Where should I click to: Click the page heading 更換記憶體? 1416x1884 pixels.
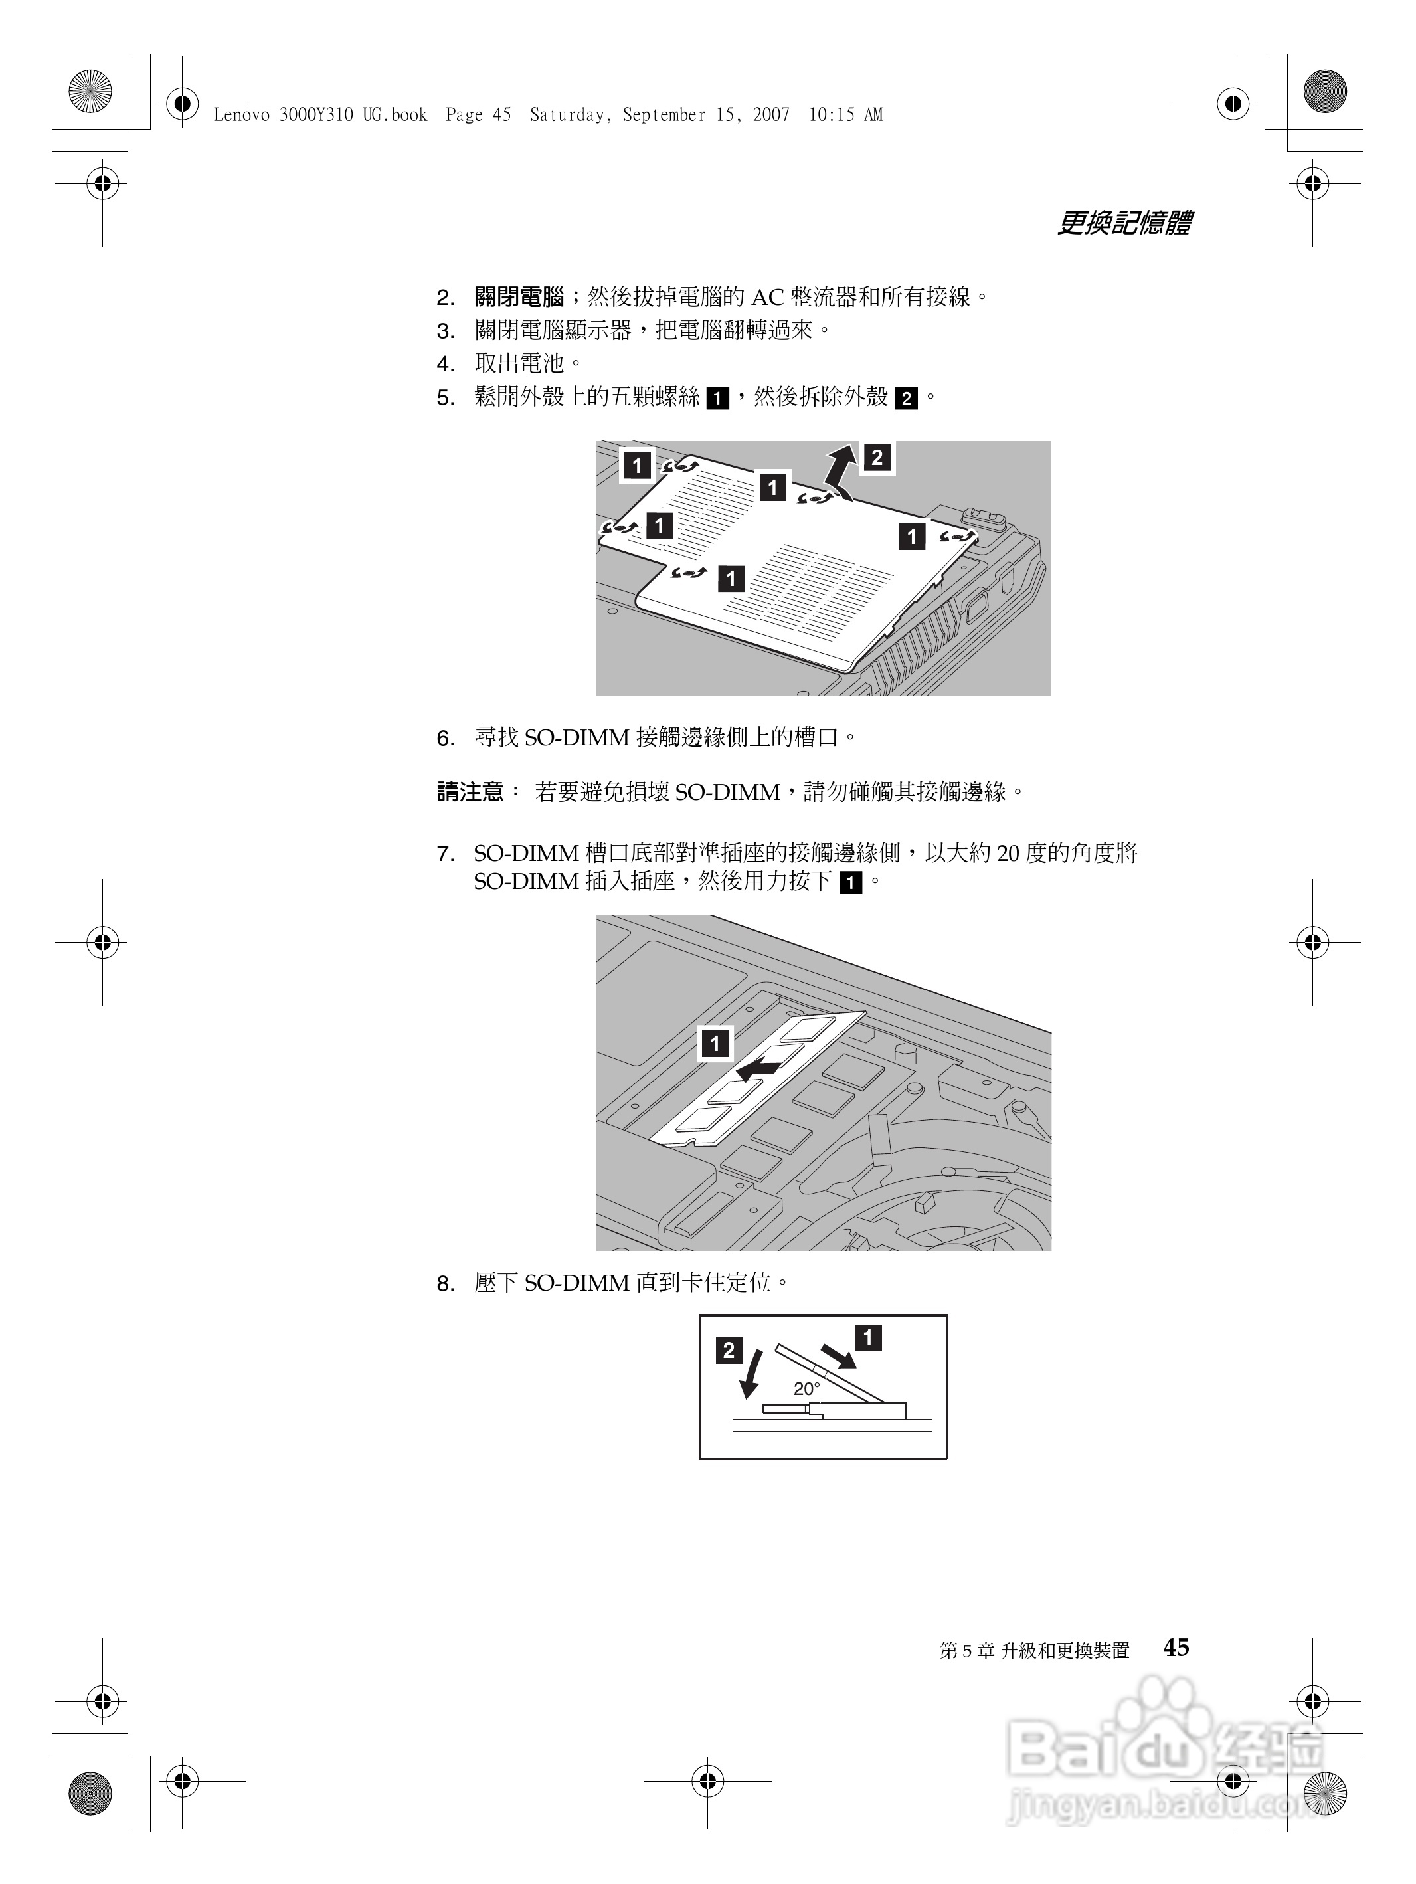coord(1123,223)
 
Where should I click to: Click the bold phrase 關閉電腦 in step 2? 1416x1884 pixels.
coord(519,297)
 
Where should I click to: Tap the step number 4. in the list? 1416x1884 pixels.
coord(445,365)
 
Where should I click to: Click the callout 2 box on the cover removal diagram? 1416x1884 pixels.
coord(877,458)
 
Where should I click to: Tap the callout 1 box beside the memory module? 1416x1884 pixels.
coord(715,1044)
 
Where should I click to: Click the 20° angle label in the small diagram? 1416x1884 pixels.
coord(806,1389)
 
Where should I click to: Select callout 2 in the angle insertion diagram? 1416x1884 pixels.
coord(729,1351)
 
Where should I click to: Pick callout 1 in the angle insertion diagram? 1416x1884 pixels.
coord(867,1338)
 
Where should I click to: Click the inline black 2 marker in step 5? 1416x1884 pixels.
coord(906,399)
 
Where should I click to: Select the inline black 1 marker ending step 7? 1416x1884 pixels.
coord(849,882)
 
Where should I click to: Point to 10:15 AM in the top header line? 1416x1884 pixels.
coord(845,115)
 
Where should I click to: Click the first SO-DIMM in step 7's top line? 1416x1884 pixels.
coord(526,854)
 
